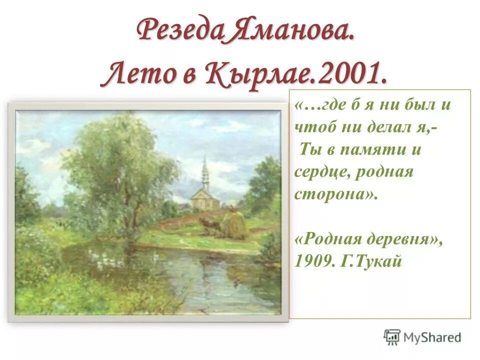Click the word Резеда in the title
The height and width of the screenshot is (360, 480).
click(177, 30)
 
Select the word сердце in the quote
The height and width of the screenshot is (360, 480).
click(318, 172)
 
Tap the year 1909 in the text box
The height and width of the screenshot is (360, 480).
click(311, 261)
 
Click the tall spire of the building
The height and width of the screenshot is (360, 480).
click(204, 170)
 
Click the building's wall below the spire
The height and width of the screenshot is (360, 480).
click(203, 201)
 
